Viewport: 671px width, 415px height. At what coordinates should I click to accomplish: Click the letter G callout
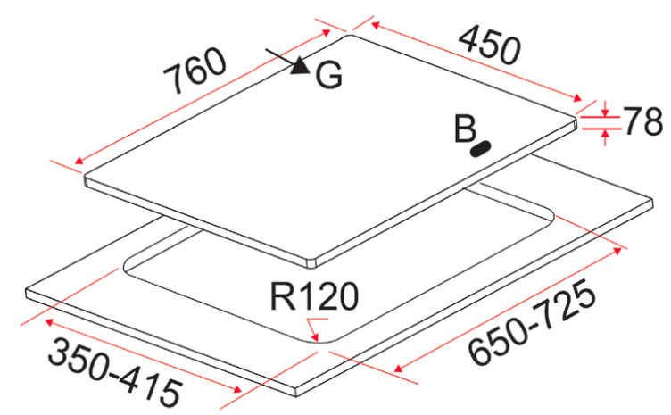tap(327, 77)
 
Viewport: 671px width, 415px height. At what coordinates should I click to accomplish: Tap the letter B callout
tap(464, 129)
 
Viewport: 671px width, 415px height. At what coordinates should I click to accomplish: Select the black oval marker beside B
tap(483, 148)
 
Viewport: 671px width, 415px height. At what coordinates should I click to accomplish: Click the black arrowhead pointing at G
tap(301, 66)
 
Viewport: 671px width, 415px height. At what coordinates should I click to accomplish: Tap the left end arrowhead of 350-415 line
tap(48, 321)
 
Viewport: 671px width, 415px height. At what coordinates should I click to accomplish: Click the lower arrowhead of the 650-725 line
tap(398, 366)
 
